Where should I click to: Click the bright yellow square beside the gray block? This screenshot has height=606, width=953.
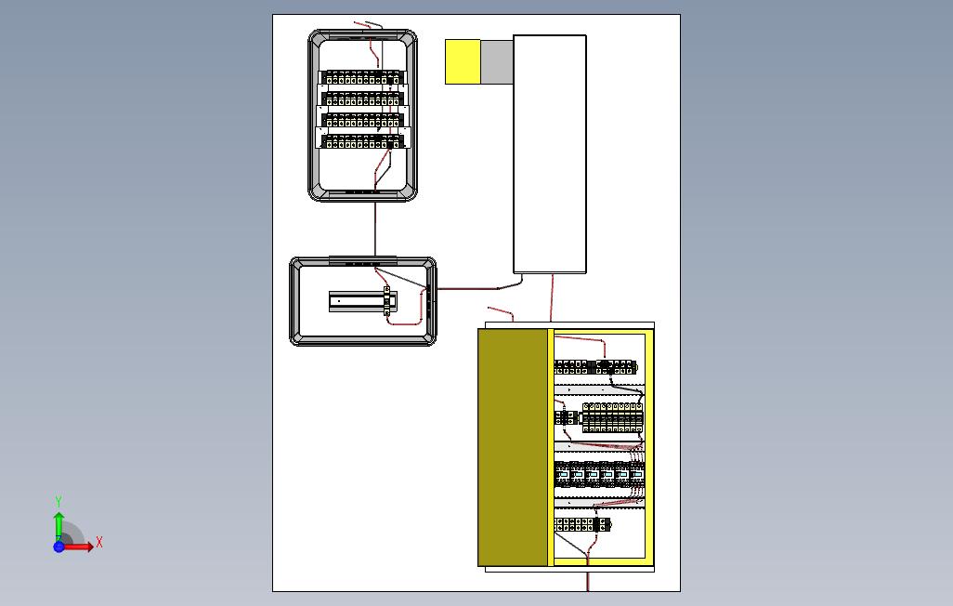tap(463, 62)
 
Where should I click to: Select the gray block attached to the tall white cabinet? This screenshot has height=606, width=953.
tap(497, 62)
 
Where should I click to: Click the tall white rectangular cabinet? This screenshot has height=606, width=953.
tap(550, 154)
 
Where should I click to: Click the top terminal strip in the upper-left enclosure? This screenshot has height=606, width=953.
tap(362, 78)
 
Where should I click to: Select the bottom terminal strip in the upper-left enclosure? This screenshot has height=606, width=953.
tap(362, 141)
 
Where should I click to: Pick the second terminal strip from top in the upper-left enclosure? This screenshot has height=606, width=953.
tap(362, 99)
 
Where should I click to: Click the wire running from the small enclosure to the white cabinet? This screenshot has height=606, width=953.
tap(474, 288)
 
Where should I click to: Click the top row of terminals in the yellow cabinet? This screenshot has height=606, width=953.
tap(596, 366)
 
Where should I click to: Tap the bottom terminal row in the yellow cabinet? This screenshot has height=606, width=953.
tap(582, 525)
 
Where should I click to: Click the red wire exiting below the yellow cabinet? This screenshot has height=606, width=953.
tap(588, 581)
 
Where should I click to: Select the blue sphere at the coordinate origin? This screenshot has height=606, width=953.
tap(59, 547)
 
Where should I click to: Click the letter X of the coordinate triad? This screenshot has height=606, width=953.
tap(99, 542)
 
